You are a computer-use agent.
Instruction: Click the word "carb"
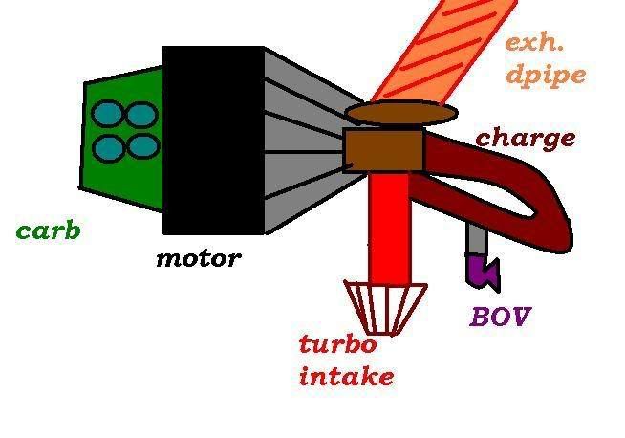click(47, 230)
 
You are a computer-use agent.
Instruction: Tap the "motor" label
click(197, 258)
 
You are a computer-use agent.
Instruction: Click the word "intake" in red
click(346, 376)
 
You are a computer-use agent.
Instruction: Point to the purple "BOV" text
click(499, 317)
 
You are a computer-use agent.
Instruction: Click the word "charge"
click(526, 139)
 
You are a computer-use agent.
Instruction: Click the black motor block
click(212, 140)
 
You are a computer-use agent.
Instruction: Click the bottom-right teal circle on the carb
click(141, 147)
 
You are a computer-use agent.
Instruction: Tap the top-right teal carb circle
click(141, 116)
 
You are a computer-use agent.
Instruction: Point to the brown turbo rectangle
click(383, 149)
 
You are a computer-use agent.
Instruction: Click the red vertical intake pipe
click(390, 225)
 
